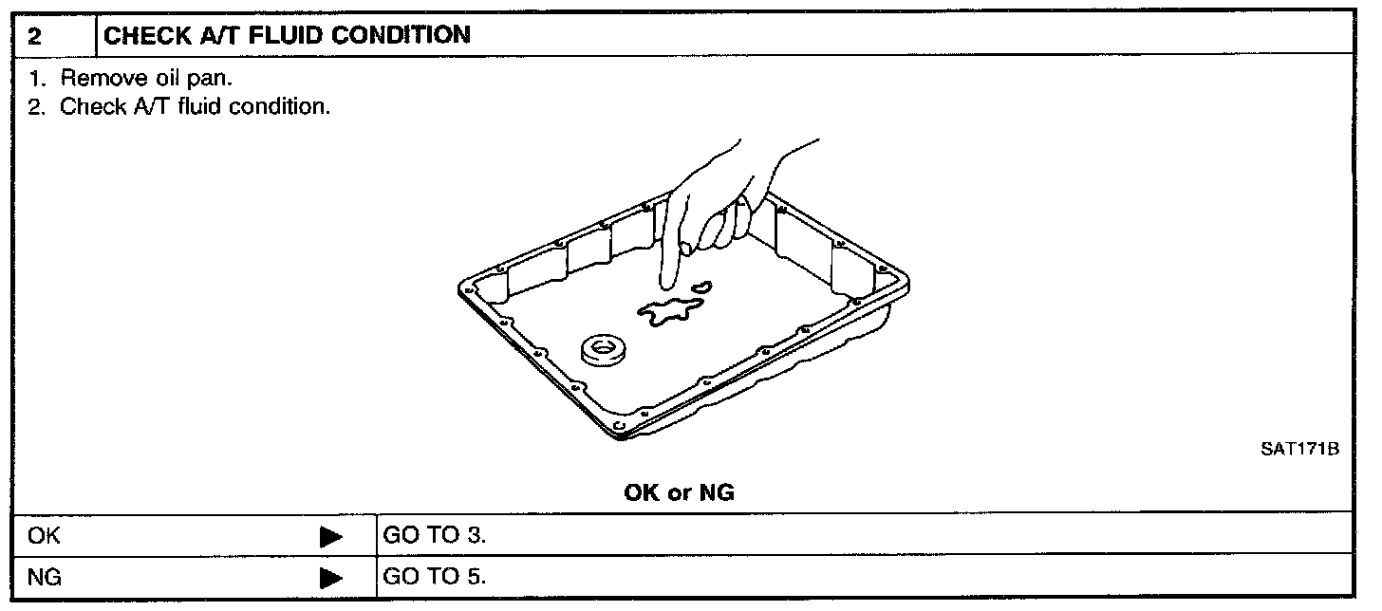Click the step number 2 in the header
click(x=34, y=37)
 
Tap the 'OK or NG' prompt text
click(x=679, y=492)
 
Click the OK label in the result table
click(x=44, y=536)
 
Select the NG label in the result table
click(x=45, y=576)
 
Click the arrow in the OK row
click(x=330, y=537)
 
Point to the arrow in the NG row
click(x=330, y=577)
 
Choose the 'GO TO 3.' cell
click(x=434, y=536)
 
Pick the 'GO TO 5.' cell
click(x=434, y=576)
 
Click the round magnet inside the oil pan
click(x=600, y=349)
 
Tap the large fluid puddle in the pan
click(x=670, y=312)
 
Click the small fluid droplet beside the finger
click(x=701, y=286)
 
